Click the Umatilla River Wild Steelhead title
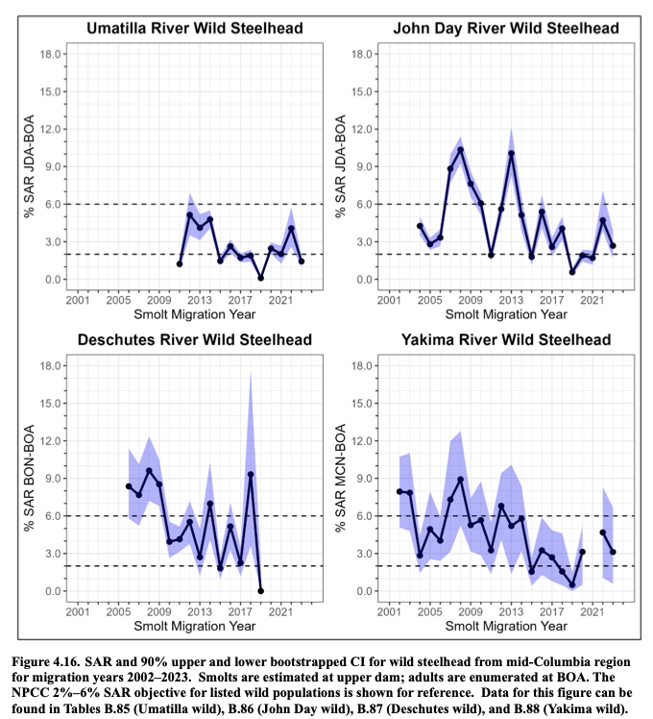point(195,28)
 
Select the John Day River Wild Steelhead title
point(506,28)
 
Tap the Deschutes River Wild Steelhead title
point(195,339)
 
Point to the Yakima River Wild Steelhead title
point(506,339)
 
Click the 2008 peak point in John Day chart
point(461,150)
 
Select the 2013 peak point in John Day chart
point(512,153)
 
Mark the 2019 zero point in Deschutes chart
point(261,591)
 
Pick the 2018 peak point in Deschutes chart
point(251,475)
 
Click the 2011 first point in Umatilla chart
point(180,264)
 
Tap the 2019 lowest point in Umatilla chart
point(261,278)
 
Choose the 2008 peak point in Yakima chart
point(461,480)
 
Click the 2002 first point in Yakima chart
point(399,491)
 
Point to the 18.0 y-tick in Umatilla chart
point(50,54)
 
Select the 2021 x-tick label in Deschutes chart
point(281,611)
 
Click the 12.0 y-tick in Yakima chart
point(362,441)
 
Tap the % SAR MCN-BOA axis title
point(341,478)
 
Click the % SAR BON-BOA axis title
point(29,478)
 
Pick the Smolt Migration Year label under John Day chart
point(506,314)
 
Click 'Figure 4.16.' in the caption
point(42,662)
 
